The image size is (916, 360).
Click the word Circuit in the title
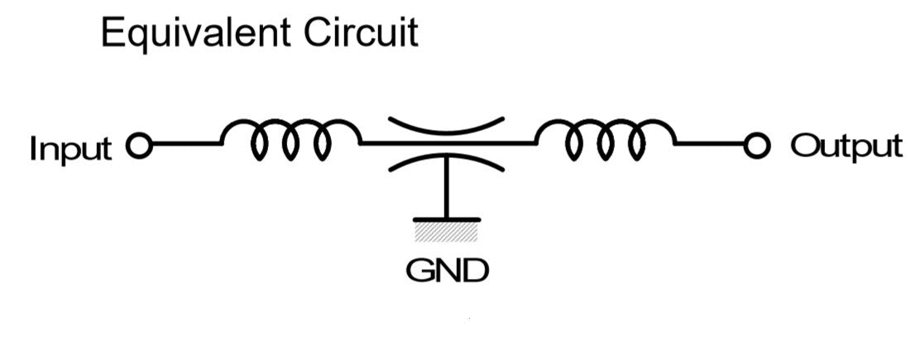point(361,33)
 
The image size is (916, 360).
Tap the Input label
point(70,149)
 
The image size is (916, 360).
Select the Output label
point(846,146)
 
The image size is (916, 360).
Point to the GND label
point(447,271)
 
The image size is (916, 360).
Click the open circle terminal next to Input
point(139,146)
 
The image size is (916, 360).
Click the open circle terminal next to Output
point(757,146)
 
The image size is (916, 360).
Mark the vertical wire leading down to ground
point(446,188)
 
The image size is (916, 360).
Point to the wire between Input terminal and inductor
point(186,143)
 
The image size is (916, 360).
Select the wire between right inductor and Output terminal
point(711,143)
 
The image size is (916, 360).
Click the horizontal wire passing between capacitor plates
point(448,142)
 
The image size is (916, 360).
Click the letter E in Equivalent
point(113,33)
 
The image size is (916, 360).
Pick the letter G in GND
point(419,271)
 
